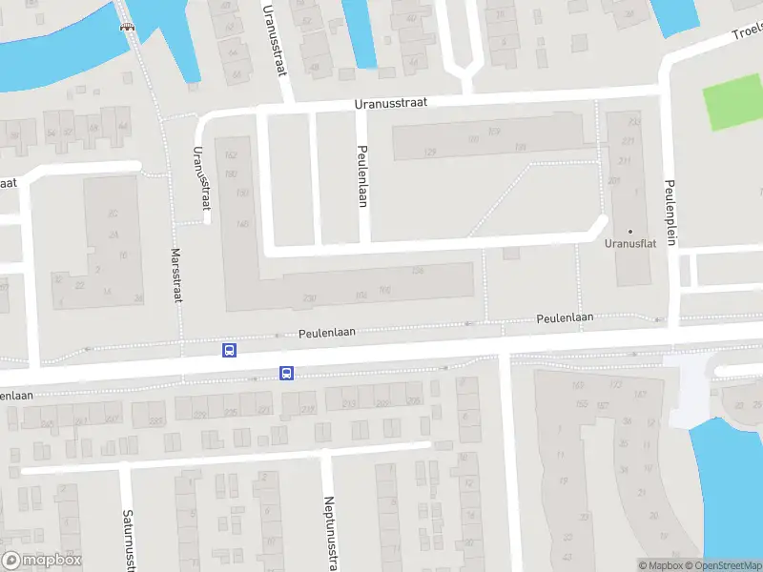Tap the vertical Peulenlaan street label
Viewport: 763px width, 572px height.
pyautogui.click(x=362, y=175)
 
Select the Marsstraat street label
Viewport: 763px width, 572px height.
pyautogui.click(x=175, y=276)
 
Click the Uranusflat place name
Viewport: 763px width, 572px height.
pyautogui.click(x=629, y=243)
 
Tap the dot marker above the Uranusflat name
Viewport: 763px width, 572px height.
pyautogui.click(x=629, y=231)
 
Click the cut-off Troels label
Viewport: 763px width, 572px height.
pyautogui.click(x=747, y=31)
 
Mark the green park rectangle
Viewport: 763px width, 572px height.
pyautogui.click(x=733, y=108)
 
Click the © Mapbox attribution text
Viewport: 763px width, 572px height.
pyautogui.click(x=660, y=565)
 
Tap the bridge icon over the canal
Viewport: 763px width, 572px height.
pyautogui.click(x=126, y=27)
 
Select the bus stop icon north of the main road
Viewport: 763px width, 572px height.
pyautogui.click(x=229, y=350)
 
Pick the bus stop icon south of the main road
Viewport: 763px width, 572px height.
pyautogui.click(x=286, y=373)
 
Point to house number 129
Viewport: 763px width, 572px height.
pyautogui.click(x=431, y=153)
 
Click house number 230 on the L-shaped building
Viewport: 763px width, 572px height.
pyautogui.click(x=309, y=298)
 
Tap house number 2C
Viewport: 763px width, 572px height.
pyautogui.click(x=113, y=213)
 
